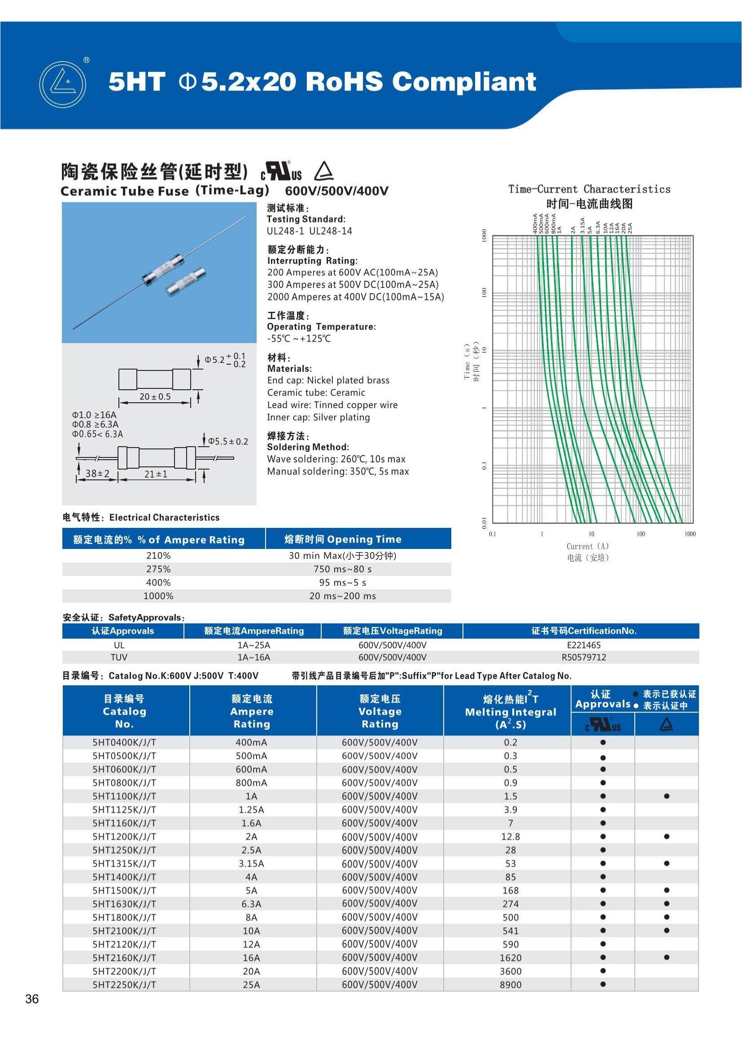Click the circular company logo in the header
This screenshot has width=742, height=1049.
point(62,84)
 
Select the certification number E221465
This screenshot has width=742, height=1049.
point(584,644)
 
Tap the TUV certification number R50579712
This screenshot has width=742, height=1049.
point(584,657)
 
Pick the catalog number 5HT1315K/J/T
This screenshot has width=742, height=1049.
point(124,863)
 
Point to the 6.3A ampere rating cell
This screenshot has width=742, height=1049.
point(251,904)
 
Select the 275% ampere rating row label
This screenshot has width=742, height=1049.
point(158,569)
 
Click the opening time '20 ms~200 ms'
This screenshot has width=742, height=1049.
point(342,596)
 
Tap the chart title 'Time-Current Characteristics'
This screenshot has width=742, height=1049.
point(589,189)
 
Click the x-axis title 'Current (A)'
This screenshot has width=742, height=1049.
point(588,546)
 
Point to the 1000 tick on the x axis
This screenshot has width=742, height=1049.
point(690,534)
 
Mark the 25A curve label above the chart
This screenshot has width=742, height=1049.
point(630,227)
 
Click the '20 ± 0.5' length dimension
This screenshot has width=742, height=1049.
point(155,396)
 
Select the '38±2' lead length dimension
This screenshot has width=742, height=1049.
point(97,473)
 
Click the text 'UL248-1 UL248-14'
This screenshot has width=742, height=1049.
point(310,231)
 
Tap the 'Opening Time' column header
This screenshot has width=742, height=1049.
point(343,539)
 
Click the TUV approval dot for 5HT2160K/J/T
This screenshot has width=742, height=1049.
point(667,957)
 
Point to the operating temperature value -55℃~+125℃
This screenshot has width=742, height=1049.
point(299,339)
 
